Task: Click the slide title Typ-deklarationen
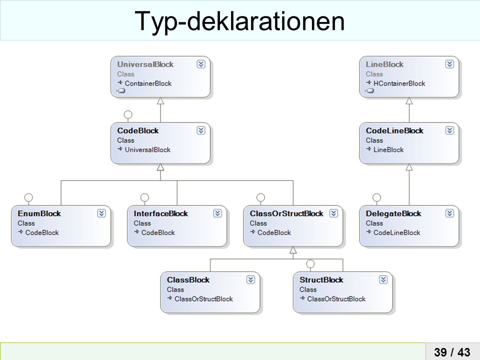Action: pyautogui.click(x=239, y=21)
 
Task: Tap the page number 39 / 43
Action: pyautogui.click(x=452, y=352)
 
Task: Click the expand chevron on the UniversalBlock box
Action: pyautogui.click(x=201, y=64)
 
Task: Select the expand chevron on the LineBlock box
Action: pyautogui.click(x=449, y=64)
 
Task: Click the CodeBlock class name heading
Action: pyautogui.click(x=138, y=130)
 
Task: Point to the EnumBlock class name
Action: pyautogui.click(x=39, y=213)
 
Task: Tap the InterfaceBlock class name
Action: pyautogui.click(x=160, y=213)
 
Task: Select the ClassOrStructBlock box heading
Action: pyautogui.click(x=286, y=213)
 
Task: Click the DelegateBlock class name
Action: pyautogui.click(x=393, y=213)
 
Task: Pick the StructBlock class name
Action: pyautogui.click(x=321, y=280)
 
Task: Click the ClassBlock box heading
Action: pyautogui.click(x=188, y=280)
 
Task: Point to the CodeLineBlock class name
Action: pyautogui.click(x=394, y=130)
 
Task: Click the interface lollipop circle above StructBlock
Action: pyautogui.click(x=310, y=263)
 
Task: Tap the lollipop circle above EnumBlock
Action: pyautogui.click(x=28, y=197)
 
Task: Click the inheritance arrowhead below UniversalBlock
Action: pyautogui.click(x=160, y=100)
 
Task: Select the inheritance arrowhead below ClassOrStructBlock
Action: pyautogui.click(x=293, y=250)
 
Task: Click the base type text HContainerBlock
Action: pyautogui.click(x=399, y=83)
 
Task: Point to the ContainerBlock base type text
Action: pyautogui.click(x=148, y=83)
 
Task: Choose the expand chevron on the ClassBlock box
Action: pyautogui.click(x=250, y=279)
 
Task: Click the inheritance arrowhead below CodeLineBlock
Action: pyautogui.click(x=409, y=167)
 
